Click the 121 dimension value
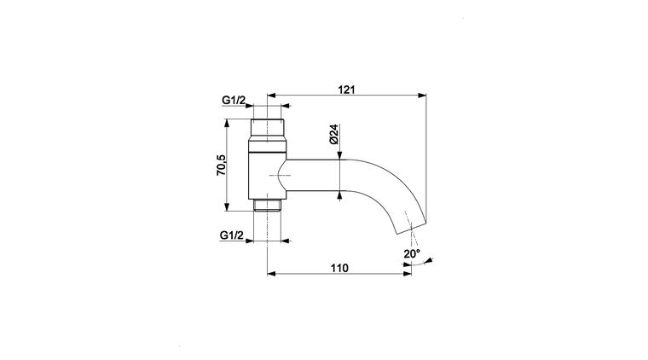[346, 90]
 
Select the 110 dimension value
[339, 268]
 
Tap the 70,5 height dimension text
[222, 165]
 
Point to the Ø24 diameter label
[334, 134]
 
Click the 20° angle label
[412, 253]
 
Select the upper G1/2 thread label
[234, 100]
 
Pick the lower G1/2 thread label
[231, 235]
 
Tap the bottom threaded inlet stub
[268, 205]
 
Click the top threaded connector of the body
[268, 130]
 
